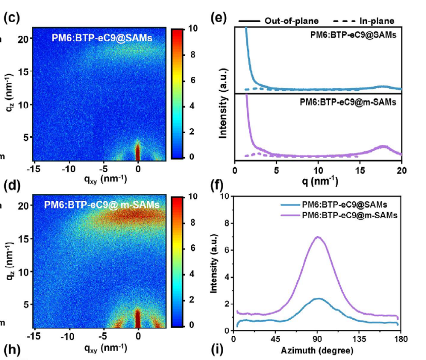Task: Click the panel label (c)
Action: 12,18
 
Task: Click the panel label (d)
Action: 12,186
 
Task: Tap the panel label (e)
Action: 219,18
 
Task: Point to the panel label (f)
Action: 217,186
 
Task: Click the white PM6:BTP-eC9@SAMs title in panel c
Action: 102,38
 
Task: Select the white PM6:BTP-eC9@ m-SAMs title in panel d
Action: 101,204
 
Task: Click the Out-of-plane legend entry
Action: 279,21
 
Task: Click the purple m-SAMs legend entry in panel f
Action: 339,216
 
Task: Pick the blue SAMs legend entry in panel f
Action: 334,204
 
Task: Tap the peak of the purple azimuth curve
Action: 317,237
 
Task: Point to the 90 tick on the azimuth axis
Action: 317,339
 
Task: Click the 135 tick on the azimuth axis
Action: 359,339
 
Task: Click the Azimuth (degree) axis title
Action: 317,350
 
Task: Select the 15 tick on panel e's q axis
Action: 360,171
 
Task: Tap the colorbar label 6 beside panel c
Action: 193,80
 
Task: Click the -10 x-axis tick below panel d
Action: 67,337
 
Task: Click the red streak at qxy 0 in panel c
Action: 137,151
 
